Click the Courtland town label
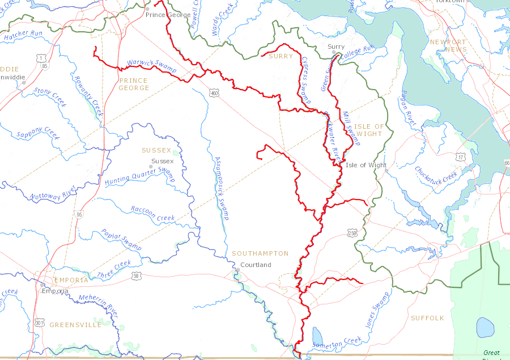click(x=256, y=265)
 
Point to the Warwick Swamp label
click(x=151, y=66)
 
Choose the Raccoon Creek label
click(x=152, y=214)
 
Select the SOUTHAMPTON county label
click(x=260, y=253)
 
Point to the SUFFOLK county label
click(x=427, y=318)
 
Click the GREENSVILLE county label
click(x=75, y=325)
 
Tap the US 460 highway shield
click(x=213, y=93)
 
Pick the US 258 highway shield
click(x=352, y=233)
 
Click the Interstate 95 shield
click(x=78, y=214)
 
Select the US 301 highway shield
click(x=40, y=323)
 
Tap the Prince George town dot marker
click(x=147, y=9)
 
